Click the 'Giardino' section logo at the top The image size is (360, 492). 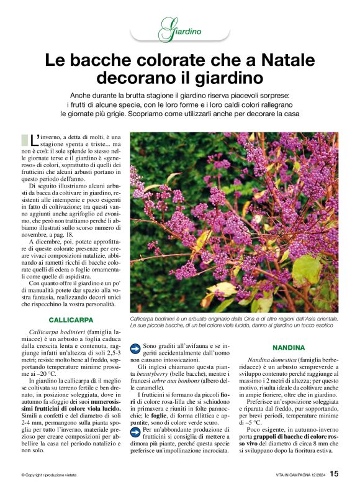point(181,29)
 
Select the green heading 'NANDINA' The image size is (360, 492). point(289,348)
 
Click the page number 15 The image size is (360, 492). point(335,474)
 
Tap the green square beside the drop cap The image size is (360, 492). point(25,139)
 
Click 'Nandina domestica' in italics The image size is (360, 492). point(271,360)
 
